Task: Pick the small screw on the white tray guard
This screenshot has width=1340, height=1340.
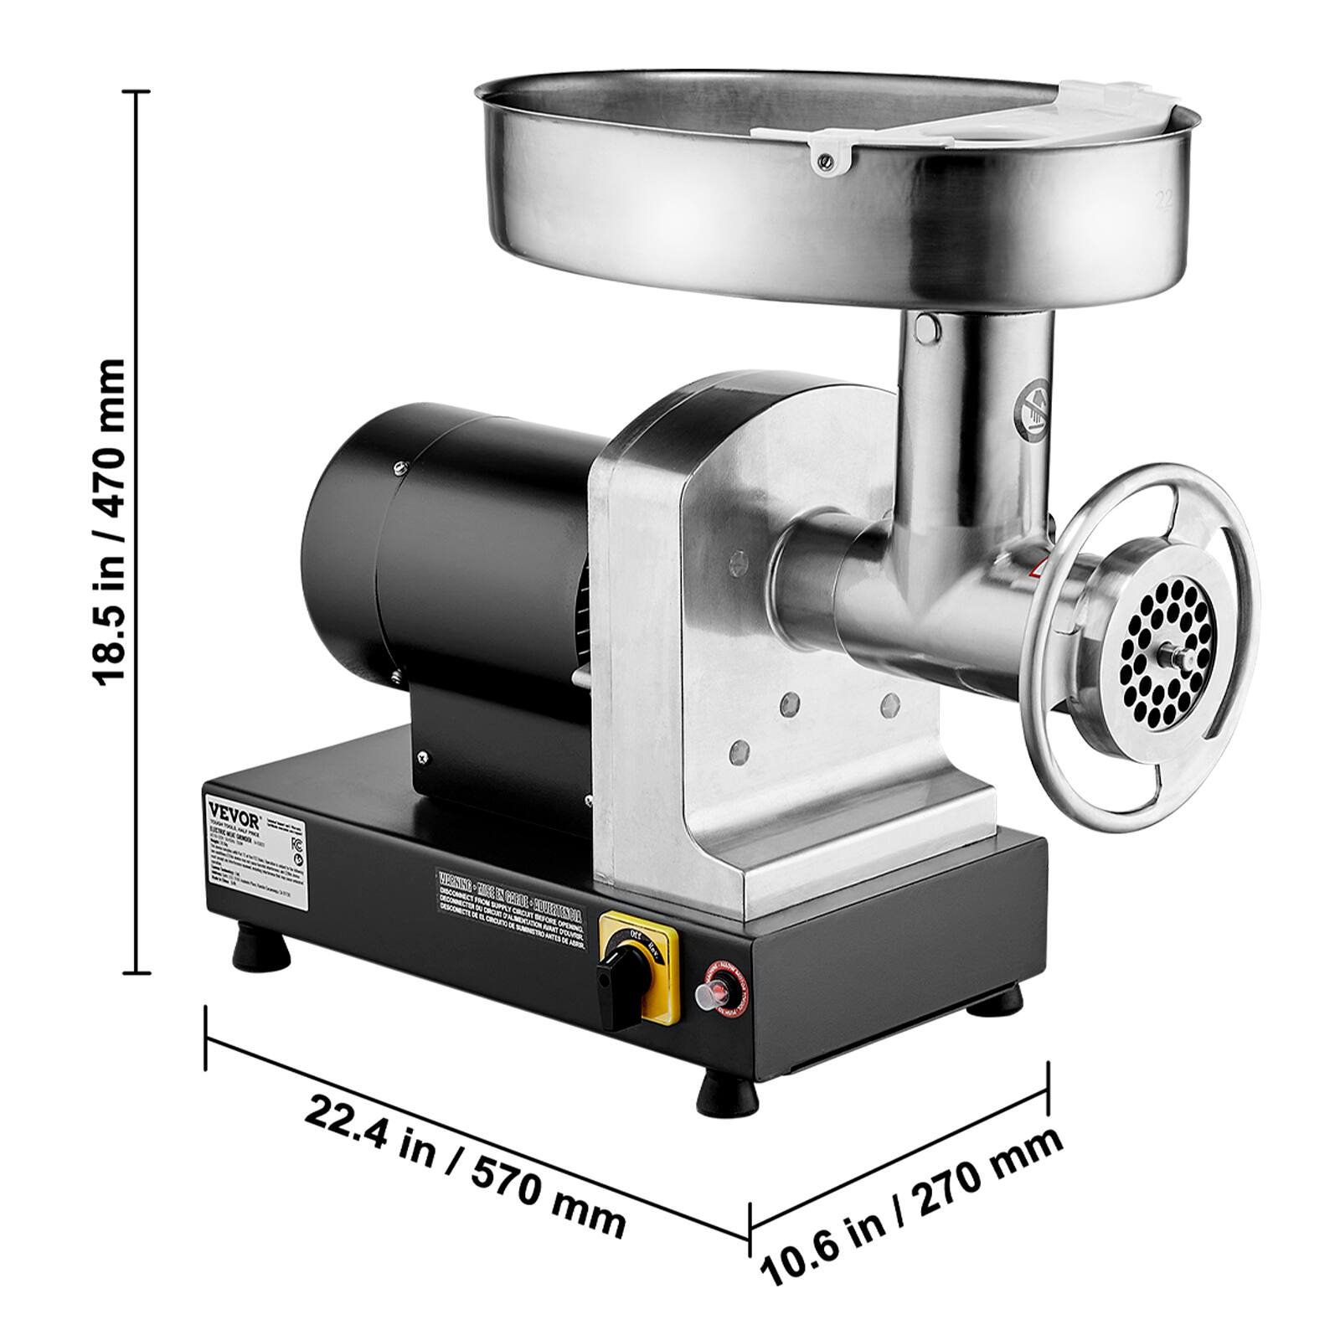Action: tap(827, 153)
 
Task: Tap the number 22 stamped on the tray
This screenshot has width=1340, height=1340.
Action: tap(1165, 152)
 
